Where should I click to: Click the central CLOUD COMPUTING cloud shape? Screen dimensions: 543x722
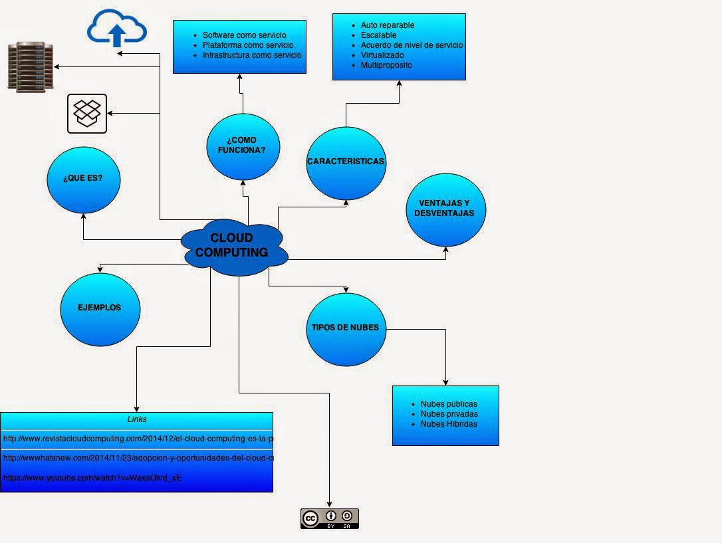point(233,245)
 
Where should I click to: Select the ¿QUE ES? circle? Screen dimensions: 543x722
point(83,179)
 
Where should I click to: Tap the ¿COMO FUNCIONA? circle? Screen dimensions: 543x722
point(243,146)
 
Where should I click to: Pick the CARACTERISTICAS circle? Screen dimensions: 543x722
point(346,162)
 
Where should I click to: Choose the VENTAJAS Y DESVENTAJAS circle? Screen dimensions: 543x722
point(445,209)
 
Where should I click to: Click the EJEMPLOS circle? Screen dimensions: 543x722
point(100,308)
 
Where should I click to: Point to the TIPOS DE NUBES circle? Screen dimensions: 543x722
point(346,328)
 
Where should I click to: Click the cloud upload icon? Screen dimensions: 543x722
point(117,29)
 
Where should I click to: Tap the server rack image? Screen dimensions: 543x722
point(31,66)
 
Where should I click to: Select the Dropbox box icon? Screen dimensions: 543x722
point(87,113)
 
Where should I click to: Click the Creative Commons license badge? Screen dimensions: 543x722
point(329,518)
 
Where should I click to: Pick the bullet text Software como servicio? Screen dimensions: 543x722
point(245,35)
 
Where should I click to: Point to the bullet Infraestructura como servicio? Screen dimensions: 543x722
point(252,55)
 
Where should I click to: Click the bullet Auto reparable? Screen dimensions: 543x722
point(388,25)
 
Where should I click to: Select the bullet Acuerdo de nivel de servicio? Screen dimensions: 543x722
point(412,45)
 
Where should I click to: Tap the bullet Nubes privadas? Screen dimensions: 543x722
point(449,414)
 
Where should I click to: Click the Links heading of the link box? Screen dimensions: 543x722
point(136,419)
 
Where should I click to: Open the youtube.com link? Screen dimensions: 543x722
point(92,477)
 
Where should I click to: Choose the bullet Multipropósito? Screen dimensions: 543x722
point(386,65)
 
